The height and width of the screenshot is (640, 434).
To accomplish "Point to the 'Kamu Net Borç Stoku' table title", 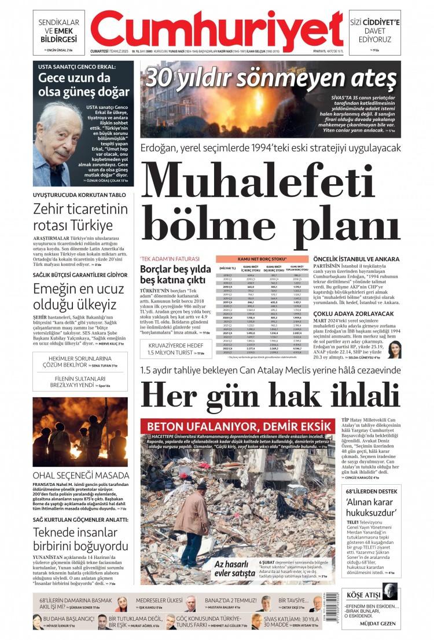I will click(x=262, y=259).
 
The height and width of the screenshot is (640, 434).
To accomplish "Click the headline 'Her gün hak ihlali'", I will click(x=270, y=396).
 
